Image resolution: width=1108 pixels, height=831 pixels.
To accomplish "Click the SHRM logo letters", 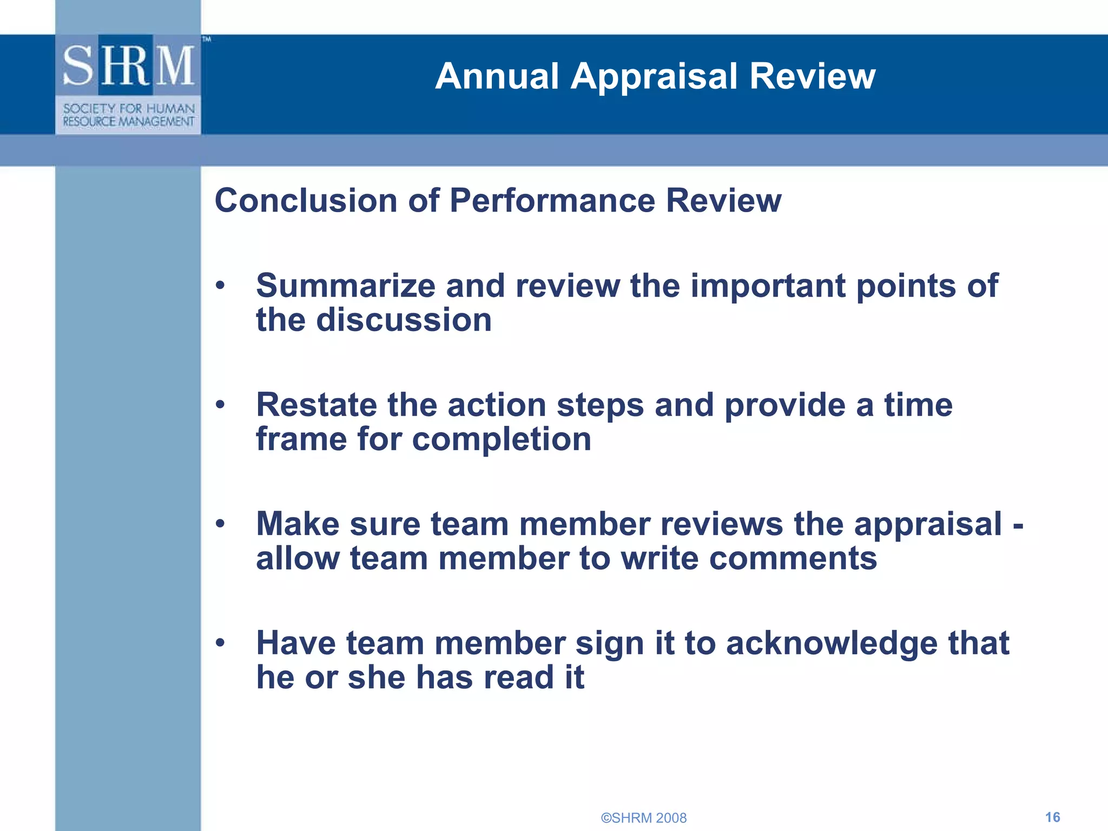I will pyautogui.click(x=128, y=65).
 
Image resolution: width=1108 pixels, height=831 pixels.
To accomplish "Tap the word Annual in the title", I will pyautogui.click(x=497, y=76).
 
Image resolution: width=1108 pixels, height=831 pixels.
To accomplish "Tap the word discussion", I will pyautogui.click(x=404, y=320).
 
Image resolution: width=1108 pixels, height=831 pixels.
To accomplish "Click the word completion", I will pyautogui.click(x=502, y=439).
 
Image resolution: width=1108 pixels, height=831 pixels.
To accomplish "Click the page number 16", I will pyautogui.click(x=1052, y=817).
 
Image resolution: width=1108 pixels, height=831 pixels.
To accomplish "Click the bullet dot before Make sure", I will pyautogui.click(x=220, y=524).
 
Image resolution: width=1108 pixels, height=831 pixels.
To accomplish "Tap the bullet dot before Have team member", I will pyautogui.click(x=220, y=643).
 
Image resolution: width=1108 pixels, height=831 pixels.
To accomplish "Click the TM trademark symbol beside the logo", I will pyautogui.click(x=207, y=39).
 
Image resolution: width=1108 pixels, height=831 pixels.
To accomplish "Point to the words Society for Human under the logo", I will pyautogui.click(x=129, y=109).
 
